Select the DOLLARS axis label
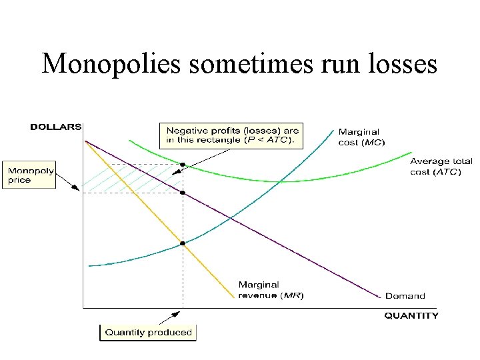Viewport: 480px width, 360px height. click(x=56, y=127)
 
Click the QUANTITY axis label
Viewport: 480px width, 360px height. click(x=411, y=315)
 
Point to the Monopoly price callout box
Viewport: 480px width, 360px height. click(x=29, y=175)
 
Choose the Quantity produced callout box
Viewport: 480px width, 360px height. click(x=148, y=332)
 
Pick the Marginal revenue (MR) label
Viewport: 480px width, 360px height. click(x=271, y=290)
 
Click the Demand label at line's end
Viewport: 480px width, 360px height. click(x=405, y=295)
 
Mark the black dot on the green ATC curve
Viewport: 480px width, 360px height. click(x=183, y=165)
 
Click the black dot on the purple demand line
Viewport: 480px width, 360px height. click(x=183, y=193)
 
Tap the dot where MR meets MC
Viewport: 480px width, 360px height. click(x=183, y=243)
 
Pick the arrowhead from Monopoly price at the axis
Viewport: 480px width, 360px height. click(x=79, y=191)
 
